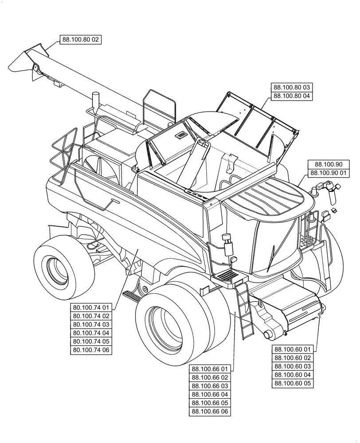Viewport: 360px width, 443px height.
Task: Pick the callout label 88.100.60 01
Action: pyautogui.click(x=293, y=349)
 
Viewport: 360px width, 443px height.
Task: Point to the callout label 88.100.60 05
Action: pyautogui.click(x=293, y=383)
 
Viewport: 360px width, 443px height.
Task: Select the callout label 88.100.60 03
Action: pyautogui.click(x=293, y=366)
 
